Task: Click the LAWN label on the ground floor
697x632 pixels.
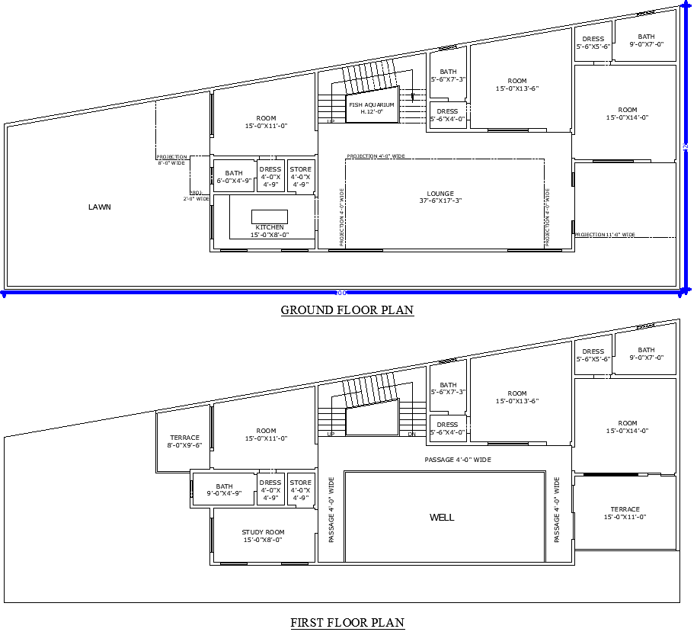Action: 99,207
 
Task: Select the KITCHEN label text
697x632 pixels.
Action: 270,227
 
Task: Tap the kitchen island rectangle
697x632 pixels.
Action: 270,217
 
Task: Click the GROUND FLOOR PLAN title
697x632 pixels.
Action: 347,310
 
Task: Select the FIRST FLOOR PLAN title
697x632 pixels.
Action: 347,623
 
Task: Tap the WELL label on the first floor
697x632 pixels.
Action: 442,518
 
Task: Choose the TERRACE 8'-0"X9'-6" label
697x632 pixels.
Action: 184,441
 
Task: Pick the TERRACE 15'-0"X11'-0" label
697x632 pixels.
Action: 625,513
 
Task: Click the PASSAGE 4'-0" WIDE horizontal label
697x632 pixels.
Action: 457,460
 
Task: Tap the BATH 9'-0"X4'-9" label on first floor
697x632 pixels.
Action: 224,490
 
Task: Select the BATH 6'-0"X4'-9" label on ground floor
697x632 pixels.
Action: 234,177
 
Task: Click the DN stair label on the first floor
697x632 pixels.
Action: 411,435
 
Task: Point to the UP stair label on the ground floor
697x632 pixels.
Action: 331,121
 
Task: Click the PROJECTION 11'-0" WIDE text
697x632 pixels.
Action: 606,235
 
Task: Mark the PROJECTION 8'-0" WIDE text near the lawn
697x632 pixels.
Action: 171,159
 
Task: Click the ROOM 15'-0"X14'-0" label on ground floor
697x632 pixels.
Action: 627,114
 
